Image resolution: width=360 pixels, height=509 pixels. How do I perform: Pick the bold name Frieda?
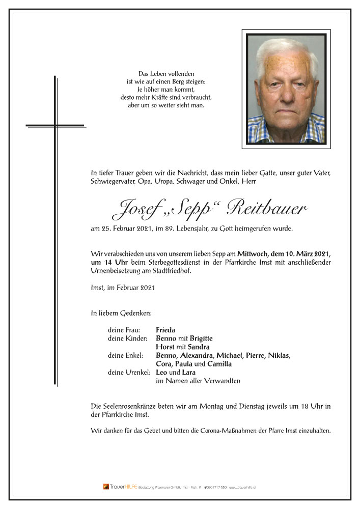(x=165, y=330)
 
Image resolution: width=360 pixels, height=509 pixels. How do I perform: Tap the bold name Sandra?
(x=196, y=347)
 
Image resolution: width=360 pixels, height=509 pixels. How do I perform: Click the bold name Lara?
(x=189, y=372)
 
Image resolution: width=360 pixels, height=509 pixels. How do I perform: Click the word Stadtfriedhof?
(x=173, y=271)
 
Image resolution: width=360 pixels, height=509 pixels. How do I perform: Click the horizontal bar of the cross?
(x=55, y=125)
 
